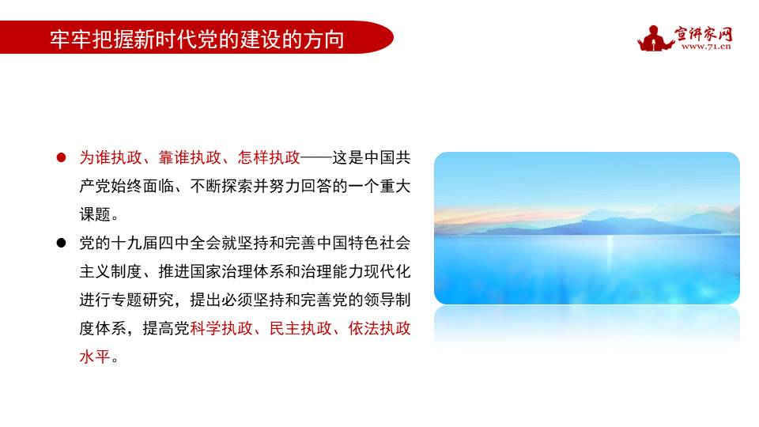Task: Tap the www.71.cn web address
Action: (x=705, y=46)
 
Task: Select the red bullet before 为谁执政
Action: (x=60, y=157)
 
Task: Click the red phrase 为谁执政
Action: (x=111, y=157)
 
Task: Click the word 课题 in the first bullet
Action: (x=95, y=214)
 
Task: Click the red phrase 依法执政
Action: (x=379, y=328)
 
